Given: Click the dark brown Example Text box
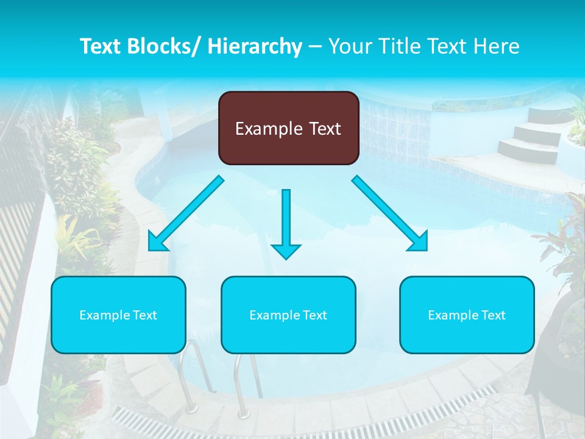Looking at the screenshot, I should [x=288, y=128].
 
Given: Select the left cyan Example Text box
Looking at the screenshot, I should [x=118, y=315].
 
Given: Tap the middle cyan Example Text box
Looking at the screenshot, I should [x=288, y=315].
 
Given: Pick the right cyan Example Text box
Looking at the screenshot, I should [x=467, y=315].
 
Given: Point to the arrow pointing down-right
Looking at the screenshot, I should [x=390, y=213].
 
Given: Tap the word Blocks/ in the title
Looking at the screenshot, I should [x=163, y=46].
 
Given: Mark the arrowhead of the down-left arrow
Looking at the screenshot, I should [x=157, y=242].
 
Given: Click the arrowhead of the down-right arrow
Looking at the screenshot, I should [x=419, y=242].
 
